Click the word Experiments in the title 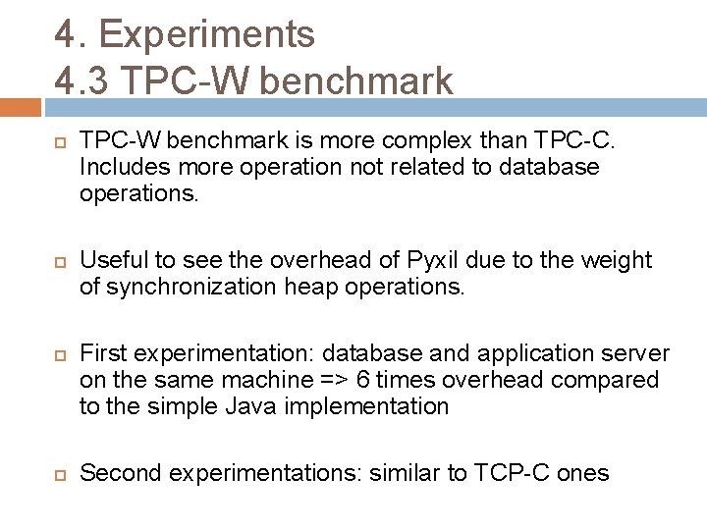click(207, 33)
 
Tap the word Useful click(113, 260)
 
